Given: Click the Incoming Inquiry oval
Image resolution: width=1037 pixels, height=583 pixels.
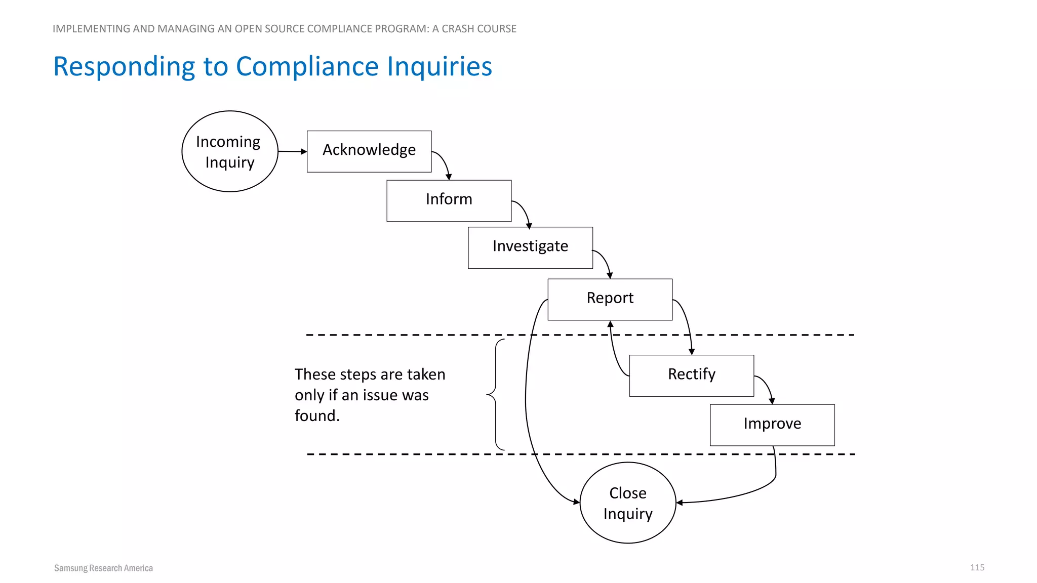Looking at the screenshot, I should pos(230,151).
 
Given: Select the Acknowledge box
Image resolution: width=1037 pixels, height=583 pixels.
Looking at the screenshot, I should pos(369,151).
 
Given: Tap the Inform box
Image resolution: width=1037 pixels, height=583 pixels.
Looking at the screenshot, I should pos(449,200).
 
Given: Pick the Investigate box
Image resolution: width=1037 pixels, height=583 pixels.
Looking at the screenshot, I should pos(530,247).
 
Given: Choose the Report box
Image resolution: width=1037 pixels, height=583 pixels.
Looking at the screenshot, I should pos(610,299).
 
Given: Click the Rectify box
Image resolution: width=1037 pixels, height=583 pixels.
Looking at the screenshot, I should pos(691,376).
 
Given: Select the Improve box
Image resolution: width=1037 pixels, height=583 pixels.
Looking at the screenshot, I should pos(772,425).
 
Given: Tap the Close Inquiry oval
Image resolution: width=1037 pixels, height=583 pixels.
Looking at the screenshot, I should pos(628,503).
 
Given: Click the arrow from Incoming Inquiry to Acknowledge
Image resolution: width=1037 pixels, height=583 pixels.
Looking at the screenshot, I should pos(292,151).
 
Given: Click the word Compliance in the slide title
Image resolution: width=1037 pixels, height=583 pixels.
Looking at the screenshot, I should pos(307,66).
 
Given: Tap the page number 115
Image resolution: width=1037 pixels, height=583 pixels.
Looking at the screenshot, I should pos(977,567).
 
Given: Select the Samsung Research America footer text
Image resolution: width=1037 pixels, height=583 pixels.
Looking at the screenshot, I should pos(103,568).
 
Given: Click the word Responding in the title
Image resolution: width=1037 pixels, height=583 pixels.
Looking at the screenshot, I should pos(124,66).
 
